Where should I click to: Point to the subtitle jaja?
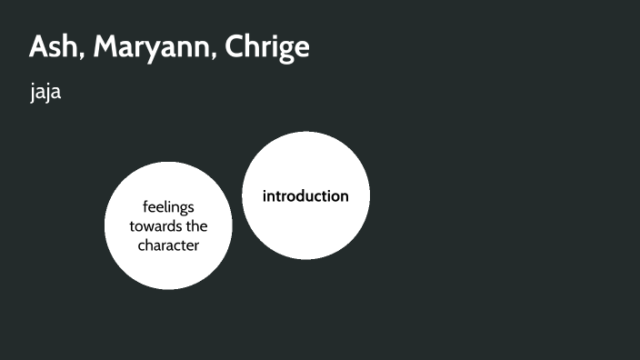[45, 93]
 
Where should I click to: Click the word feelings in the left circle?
[168, 207]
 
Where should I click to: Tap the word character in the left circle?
[168, 245]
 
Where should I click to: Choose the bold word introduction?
[305, 195]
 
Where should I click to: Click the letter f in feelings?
[145, 206]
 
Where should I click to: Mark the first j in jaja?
[33, 94]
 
